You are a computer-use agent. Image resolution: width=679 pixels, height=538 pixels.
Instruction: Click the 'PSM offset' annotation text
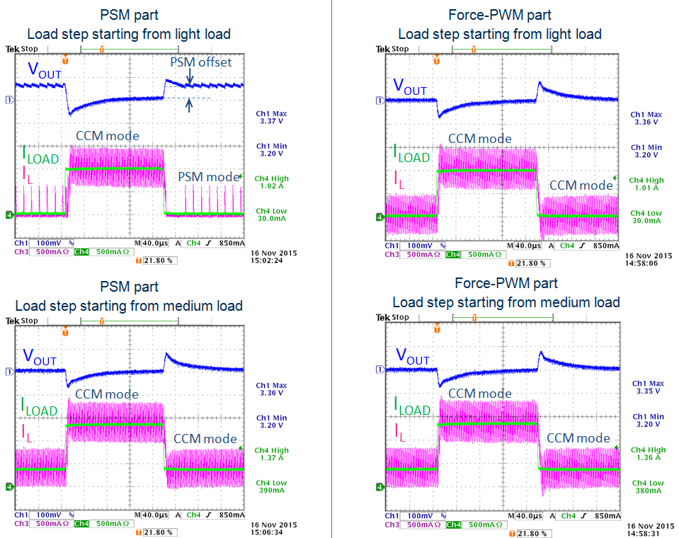(x=200, y=62)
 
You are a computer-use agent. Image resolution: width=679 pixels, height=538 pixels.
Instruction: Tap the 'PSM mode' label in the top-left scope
(x=208, y=177)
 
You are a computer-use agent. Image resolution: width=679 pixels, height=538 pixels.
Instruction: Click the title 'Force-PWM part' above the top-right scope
(x=500, y=15)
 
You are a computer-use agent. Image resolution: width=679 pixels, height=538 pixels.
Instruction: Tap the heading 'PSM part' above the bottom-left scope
(x=130, y=287)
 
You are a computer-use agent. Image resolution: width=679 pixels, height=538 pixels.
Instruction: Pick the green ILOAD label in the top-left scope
(x=40, y=154)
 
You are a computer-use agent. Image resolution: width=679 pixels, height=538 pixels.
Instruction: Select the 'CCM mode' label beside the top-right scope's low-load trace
(x=581, y=185)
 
